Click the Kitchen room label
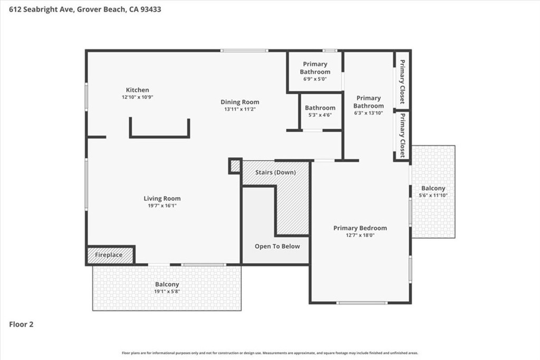[138, 90]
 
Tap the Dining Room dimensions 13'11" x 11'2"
[240, 109]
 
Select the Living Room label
[162, 198]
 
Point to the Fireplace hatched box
[110, 255]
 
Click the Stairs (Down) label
[275, 172]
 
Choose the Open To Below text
[277, 246]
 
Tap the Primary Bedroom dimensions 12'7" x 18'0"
[360, 235]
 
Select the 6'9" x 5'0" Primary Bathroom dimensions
[315, 79]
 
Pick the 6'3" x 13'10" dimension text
[369, 113]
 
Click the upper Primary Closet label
[402, 82]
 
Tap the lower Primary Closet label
[402, 135]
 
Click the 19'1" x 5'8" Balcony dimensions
[167, 291]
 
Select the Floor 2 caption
[21, 324]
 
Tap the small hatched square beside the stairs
[235, 166]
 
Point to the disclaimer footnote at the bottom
[270, 353]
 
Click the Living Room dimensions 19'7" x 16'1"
[162, 206]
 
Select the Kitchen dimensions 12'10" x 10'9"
[138, 97]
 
